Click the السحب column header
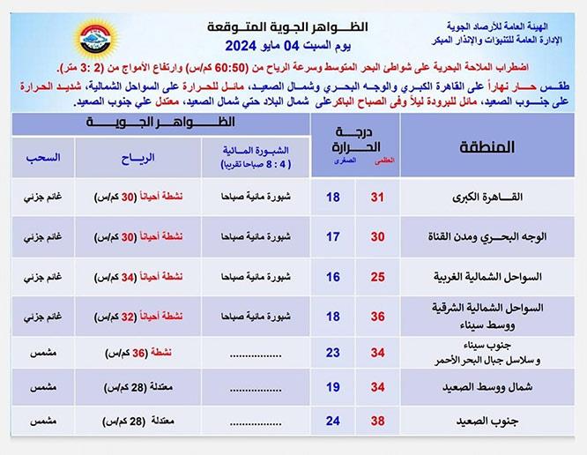click(x=45, y=158)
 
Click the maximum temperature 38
click(x=377, y=421)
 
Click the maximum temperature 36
click(x=377, y=315)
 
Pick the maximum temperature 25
click(x=377, y=276)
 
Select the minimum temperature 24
click(x=332, y=421)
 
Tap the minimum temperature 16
click(x=332, y=276)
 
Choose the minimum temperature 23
click(x=332, y=353)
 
